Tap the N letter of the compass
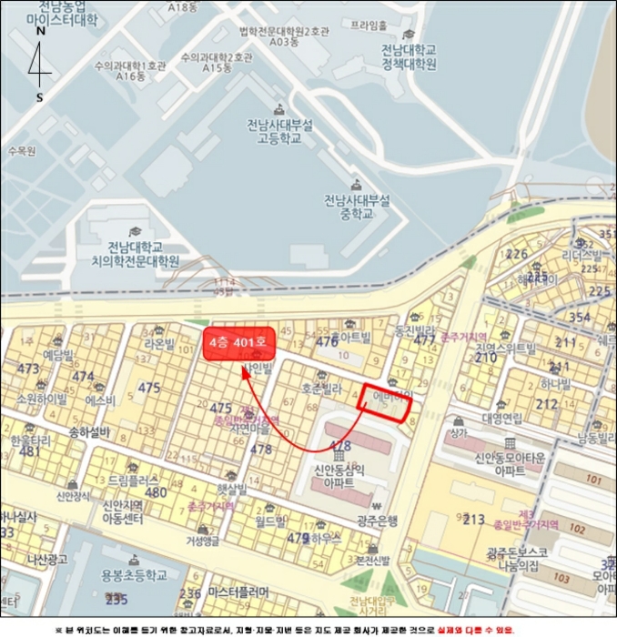point(40,31)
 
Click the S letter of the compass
point(39,96)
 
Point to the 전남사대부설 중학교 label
point(357,207)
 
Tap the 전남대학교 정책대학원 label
point(410,56)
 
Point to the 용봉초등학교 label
point(134,574)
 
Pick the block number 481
point(29,450)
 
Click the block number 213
point(473,520)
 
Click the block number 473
point(28,369)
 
